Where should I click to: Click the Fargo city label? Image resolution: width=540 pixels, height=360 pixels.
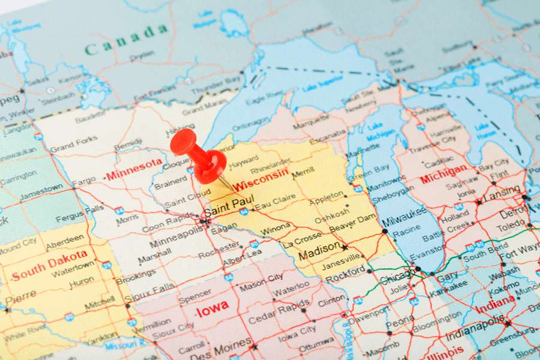pos(84,181)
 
